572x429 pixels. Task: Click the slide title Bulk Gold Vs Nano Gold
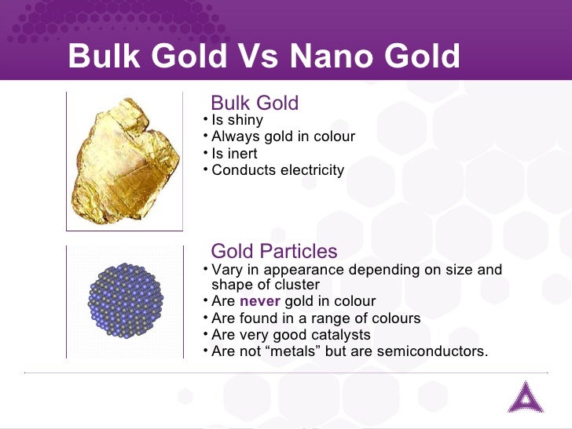263,56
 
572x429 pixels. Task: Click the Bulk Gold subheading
255,103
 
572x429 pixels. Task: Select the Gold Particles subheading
274,251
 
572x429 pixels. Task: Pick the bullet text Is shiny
237,121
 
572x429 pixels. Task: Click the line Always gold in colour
283,137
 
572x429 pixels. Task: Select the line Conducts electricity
277,170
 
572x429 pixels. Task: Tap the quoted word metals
287,351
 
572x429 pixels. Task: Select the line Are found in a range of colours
316,318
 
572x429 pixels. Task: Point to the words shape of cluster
266,285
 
